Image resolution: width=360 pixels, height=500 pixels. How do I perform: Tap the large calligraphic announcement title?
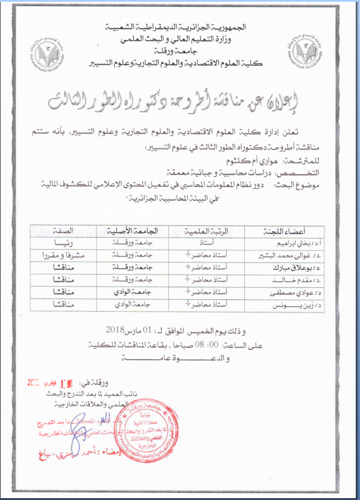(x=179, y=100)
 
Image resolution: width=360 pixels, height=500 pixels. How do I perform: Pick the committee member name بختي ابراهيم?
(x=291, y=244)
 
